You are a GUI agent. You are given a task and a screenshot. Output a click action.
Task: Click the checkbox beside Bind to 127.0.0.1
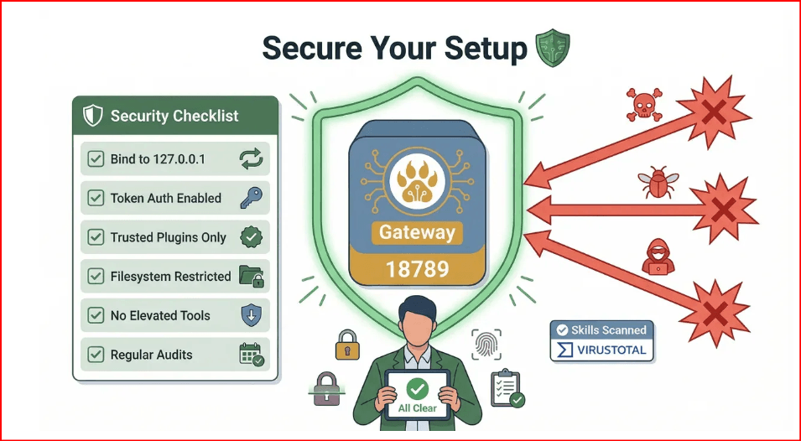pyautogui.click(x=96, y=158)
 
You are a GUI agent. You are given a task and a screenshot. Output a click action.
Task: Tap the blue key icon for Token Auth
pyautogui.click(x=251, y=198)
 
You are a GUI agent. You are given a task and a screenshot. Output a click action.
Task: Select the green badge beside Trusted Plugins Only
pyautogui.click(x=252, y=236)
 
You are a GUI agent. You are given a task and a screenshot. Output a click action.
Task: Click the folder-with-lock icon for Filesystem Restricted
pyautogui.click(x=252, y=276)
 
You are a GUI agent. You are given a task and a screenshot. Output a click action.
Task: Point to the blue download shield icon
pyautogui.click(x=252, y=315)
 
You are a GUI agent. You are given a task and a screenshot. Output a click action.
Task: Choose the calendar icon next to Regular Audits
pyautogui.click(x=252, y=355)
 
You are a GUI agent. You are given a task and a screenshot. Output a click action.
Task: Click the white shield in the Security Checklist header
pyautogui.click(x=93, y=116)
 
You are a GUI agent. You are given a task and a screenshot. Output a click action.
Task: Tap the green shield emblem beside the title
pyautogui.click(x=552, y=48)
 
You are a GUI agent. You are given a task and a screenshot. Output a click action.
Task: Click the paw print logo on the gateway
pyautogui.click(x=418, y=182)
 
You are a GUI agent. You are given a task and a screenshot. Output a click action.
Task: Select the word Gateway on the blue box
pyautogui.click(x=417, y=233)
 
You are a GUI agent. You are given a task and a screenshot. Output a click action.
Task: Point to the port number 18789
pyautogui.click(x=417, y=268)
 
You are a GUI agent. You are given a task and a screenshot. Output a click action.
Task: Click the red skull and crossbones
pyautogui.click(x=644, y=105)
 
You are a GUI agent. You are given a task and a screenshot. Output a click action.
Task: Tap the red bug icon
pyautogui.click(x=658, y=182)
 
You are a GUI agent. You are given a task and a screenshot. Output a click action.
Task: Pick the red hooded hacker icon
pyautogui.click(x=658, y=257)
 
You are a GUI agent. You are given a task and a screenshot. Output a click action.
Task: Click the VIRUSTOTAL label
pyautogui.click(x=611, y=350)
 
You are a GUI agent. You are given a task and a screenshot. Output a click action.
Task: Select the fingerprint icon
pyautogui.click(x=486, y=345)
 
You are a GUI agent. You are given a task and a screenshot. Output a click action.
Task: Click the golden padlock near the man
pyautogui.click(x=347, y=345)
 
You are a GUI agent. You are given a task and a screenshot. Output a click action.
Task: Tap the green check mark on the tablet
pyautogui.click(x=418, y=390)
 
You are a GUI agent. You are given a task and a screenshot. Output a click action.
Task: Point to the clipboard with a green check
pyautogui.click(x=507, y=389)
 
